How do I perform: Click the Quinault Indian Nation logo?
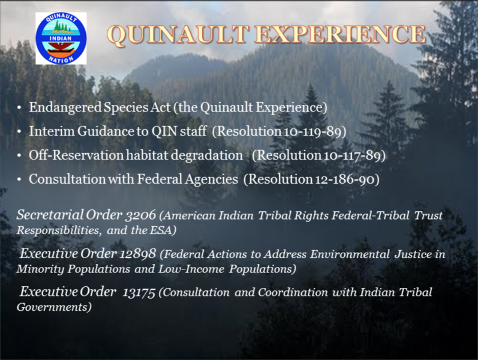point(61,38)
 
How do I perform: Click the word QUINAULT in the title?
point(178,34)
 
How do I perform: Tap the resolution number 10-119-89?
point(312,131)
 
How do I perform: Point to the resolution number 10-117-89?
point(352,155)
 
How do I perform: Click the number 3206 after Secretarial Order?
point(141,215)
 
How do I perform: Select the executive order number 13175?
point(139,292)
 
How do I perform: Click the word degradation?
point(206,155)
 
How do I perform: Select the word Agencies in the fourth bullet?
point(211,179)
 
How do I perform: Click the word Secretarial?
point(50,215)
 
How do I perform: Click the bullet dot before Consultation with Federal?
point(19,179)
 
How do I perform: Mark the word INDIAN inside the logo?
point(61,38)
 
